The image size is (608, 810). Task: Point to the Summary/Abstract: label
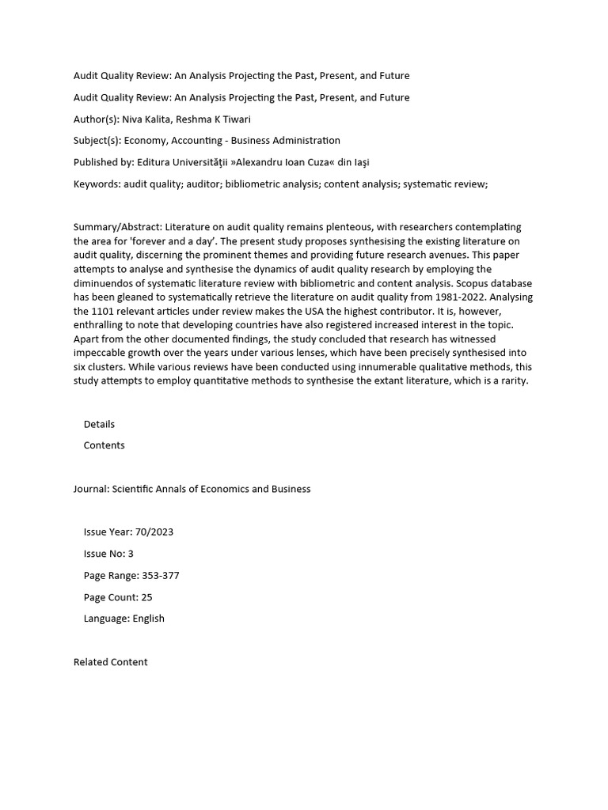118,228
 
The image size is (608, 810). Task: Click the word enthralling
101,325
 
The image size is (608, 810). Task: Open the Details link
99,425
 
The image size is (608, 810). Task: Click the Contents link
104,445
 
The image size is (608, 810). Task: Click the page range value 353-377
161,576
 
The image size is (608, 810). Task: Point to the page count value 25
147,597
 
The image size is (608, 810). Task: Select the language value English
149,619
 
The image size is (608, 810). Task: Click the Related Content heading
110,662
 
